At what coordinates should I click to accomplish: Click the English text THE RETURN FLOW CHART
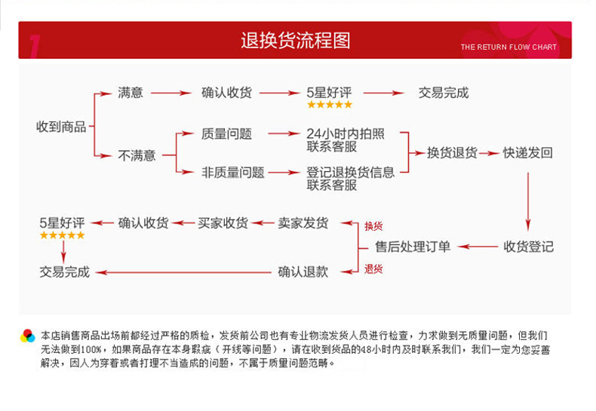(508, 47)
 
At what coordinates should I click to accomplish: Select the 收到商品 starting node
(61, 127)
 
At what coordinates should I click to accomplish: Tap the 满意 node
(131, 93)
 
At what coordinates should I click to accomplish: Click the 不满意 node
(137, 155)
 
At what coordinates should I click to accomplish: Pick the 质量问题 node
(226, 133)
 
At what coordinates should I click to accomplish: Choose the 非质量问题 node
(233, 172)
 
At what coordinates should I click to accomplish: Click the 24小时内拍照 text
(345, 133)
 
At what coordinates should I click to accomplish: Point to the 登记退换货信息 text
(350, 172)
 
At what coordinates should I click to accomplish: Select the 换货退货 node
(452, 152)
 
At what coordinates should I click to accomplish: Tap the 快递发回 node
(528, 152)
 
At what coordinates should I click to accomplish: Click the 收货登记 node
(528, 247)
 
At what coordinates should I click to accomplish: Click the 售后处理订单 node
(413, 247)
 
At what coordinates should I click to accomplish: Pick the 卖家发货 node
(303, 222)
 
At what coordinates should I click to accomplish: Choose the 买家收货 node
(223, 222)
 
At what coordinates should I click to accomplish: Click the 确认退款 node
(303, 271)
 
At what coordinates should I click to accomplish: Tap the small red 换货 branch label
(373, 226)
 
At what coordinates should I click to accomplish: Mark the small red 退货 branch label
(373, 268)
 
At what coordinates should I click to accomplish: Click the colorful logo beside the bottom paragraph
(28, 336)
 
